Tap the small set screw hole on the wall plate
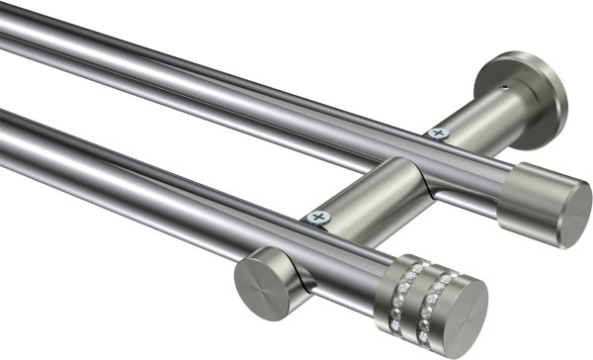506,88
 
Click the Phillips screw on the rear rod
436,133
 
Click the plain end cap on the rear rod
543,203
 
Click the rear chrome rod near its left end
59,40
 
